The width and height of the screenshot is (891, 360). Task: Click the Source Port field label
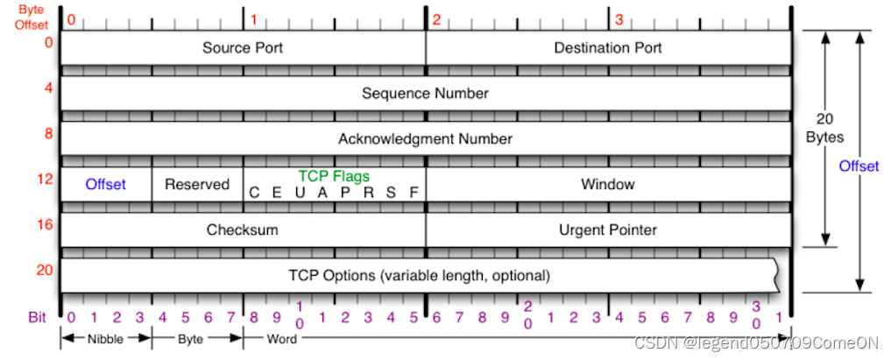click(243, 47)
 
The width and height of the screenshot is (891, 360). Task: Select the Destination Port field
click(608, 47)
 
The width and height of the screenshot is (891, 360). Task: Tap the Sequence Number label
click(425, 93)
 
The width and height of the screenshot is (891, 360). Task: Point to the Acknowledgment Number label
click(425, 138)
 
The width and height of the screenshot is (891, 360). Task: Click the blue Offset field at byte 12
click(105, 184)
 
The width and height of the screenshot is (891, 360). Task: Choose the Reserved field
click(197, 184)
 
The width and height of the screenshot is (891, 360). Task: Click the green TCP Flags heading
click(334, 176)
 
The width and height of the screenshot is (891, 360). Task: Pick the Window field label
click(607, 184)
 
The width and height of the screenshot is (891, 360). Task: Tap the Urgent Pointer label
click(608, 229)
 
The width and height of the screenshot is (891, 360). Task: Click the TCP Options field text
click(419, 275)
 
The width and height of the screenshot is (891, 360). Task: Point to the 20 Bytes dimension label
click(824, 128)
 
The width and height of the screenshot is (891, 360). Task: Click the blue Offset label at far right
click(859, 166)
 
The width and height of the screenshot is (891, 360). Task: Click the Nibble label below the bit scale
click(105, 337)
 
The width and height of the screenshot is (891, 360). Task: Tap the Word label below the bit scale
click(279, 337)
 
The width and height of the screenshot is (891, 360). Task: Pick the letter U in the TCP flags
click(301, 193)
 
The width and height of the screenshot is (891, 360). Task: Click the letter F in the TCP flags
click(414, 193)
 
